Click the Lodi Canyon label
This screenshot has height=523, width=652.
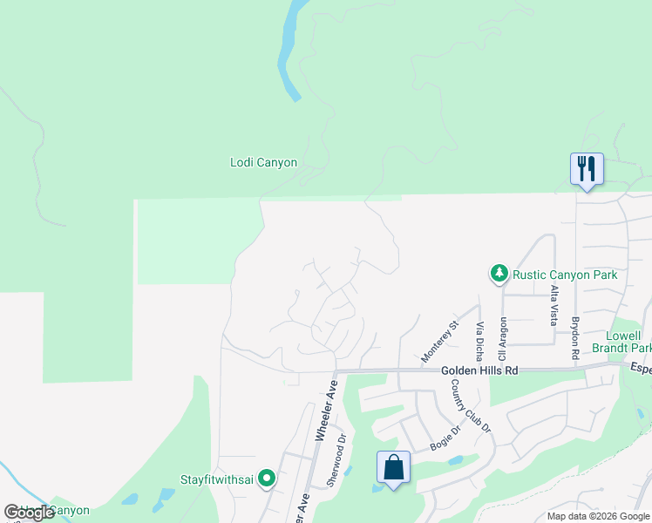click(x=263, y=162)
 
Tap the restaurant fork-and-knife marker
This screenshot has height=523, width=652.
click(x=586, y=168)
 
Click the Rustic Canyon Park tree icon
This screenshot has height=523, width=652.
click(x=499, y=275)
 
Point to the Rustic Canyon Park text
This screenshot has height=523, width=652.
click(x=565, y=275)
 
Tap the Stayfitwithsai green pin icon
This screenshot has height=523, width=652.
click(x=268, y=479)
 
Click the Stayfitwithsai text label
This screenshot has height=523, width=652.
click(x=219, y=479)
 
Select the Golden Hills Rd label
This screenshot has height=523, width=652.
click(x=479, y=370)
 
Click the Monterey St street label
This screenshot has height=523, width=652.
click(x=439, y=342)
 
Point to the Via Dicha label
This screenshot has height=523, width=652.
click(x=479, y=341)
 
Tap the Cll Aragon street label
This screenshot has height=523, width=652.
click(x=502, y=338)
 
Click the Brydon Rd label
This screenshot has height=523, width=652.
click(x=575, y=337)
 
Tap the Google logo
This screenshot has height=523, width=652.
click(x=29, y=513)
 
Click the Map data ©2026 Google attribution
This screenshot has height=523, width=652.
click(x=598, y=516)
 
